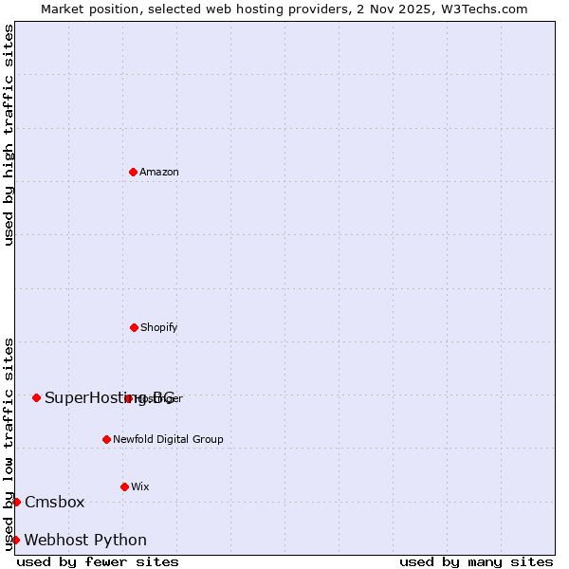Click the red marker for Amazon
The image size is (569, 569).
pos(133,172)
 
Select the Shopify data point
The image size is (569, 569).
pos(134,327)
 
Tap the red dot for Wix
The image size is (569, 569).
pos(124,486)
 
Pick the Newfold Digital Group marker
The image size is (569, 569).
pos(106,439)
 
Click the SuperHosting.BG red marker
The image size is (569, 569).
pos(36,397)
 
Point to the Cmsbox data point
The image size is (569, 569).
pos(16,502)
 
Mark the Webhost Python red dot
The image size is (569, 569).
pos(15,540)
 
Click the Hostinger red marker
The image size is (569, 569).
pos(128,398)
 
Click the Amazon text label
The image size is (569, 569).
pos(159,172)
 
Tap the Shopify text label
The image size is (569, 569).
pos(159,327)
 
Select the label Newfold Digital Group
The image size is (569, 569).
pos(168,439)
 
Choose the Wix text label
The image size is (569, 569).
pos(140,486)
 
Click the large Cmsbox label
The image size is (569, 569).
pos(55,502)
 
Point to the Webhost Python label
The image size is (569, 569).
pos(85,540)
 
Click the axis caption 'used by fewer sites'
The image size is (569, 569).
pos(98,561)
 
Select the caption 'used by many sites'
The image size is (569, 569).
pos(476,561)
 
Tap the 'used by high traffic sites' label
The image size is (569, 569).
pos(9,135)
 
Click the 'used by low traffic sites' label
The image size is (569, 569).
pos(9,443)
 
